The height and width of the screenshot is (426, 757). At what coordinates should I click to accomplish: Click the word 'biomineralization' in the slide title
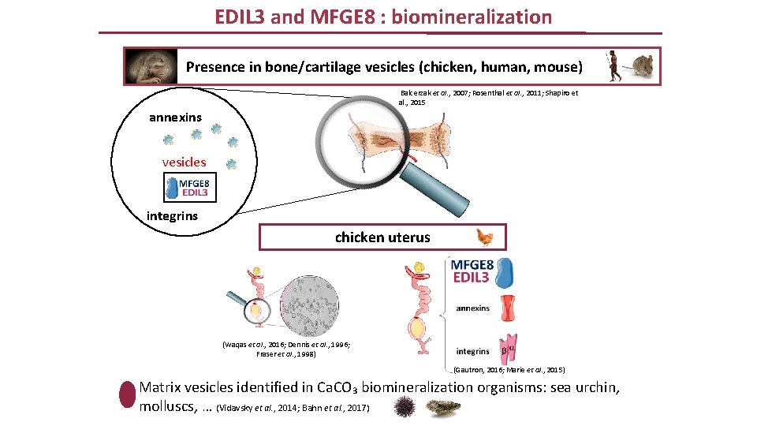(471, 17)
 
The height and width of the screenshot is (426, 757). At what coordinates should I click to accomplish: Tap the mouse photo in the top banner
(640, 66)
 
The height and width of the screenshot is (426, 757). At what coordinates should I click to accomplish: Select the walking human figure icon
(612, 66)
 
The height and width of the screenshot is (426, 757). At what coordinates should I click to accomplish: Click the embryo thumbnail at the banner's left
(151, 66)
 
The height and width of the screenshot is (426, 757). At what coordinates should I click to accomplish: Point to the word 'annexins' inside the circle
(175, 118)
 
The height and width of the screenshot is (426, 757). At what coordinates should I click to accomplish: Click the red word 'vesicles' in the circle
(184, 162)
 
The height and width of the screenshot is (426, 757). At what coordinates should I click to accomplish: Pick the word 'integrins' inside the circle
(172, 215)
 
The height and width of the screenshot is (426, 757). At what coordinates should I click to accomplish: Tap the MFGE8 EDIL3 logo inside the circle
(190, 188)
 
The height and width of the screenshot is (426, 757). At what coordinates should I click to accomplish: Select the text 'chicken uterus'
(382, 237)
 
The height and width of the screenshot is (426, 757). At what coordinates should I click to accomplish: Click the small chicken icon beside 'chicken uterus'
(485, 237)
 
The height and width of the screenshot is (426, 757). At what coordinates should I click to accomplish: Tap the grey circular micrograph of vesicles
(313, 306)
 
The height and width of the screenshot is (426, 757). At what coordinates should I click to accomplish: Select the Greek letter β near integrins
(502, 350)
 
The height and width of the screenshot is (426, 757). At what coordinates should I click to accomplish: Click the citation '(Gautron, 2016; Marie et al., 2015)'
(509, 369)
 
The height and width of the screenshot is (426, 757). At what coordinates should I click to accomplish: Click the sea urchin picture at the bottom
(405, 408)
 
